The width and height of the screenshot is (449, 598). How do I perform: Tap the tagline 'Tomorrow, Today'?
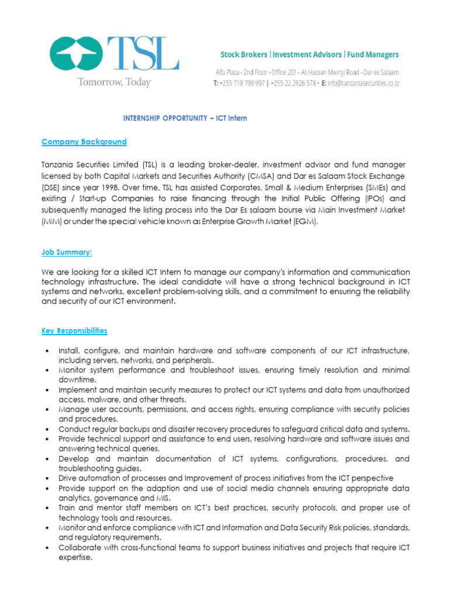coord(114,83)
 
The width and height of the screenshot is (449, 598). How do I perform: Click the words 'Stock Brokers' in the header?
coord(244,55)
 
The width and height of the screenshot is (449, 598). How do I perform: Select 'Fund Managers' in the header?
coord(372,55)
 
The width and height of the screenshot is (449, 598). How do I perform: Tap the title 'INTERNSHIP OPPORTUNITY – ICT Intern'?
coord(185,118)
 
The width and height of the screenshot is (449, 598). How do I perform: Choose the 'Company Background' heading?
coord(84,142)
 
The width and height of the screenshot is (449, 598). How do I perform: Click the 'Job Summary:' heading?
coord(67,252)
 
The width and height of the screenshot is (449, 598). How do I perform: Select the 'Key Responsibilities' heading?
coord(74,331)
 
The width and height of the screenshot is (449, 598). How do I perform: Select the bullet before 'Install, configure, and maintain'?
coord(46,350)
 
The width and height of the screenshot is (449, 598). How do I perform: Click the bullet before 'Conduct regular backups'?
coord(46,429)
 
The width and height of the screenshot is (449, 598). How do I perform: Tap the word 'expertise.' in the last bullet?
coord(75,557)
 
